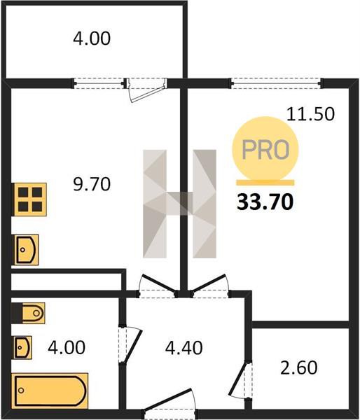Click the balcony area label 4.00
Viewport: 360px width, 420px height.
click(x=92, y=38)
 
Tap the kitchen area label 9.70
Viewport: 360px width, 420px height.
click(x=92, y=185)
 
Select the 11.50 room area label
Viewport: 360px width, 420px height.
click(x=310, y=114)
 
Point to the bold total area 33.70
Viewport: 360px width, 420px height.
click(x=265, y=202)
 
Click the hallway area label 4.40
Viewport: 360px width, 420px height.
click(x=184, y=348)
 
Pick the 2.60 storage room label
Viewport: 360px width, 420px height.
click(x=299, y=367)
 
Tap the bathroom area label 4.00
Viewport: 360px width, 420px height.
click(x=67, y=347)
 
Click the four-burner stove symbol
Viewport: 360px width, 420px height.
click(x=29, y=199)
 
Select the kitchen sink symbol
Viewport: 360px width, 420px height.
click(x=26, y=250)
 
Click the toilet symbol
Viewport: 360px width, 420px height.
click(x=29, y=313)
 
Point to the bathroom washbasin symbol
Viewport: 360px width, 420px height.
click(x=23, y=347)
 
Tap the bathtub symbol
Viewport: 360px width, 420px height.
click(x=51, y=391)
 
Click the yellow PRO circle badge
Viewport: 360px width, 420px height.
click(x=265, y=149)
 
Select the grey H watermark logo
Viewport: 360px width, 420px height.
click(x=179, y=204)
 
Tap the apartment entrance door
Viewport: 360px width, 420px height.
click(x=170, y=404)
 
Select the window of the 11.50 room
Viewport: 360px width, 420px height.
click(x=276, y=83)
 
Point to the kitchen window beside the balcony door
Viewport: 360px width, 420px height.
click(x=99, y=83)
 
